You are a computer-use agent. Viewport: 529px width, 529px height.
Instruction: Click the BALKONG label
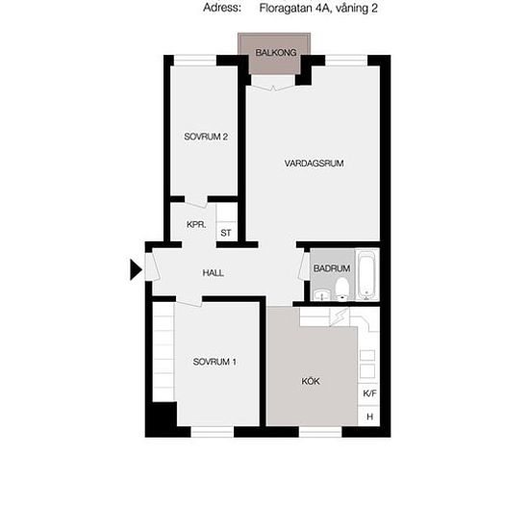[x=276, y=53]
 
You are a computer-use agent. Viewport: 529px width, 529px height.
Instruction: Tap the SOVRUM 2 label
[x=206, y=137]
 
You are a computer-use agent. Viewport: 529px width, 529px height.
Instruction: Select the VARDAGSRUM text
[x=314, y=164]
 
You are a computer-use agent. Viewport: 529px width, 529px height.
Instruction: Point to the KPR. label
[x=196, y=224]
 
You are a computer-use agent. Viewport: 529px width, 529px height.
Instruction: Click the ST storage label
[x=226, y=233]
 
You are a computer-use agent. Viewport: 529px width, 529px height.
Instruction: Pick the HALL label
[x=213, y=272]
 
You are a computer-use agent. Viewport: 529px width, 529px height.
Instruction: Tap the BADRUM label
[x=332, y=268]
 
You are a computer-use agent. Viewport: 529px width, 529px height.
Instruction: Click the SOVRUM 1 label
[x=214, y=362]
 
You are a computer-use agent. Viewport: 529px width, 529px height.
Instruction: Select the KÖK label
[x=311, y=381]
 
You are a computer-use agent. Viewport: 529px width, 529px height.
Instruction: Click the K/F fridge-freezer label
[x=369, y=393]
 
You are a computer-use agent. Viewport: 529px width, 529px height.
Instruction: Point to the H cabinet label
[x=369, y=416]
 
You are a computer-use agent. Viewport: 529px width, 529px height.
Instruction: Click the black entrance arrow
[x=136, y=269]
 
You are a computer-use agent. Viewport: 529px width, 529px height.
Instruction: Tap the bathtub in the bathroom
[x=366, y=275]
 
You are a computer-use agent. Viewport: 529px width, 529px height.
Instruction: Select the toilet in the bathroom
[x=342, y=289]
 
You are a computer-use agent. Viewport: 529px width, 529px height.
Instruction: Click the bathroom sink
[x=322, y=295]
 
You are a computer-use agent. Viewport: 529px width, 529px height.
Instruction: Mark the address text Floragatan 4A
[x=294, y=8]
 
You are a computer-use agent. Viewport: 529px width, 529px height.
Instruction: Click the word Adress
[x=222, y=8]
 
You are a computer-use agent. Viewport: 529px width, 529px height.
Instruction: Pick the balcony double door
[x=273, y=83]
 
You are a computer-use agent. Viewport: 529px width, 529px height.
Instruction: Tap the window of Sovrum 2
[x=195, y=61]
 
